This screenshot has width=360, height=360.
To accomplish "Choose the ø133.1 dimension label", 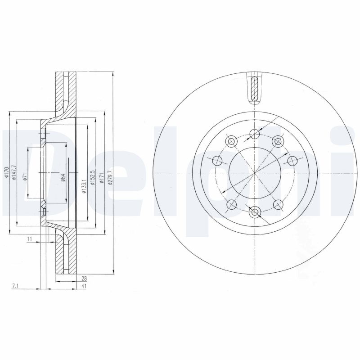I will (84, 185).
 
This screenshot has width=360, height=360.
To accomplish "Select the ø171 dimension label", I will (102, 177).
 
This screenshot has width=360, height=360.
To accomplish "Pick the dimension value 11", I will (29, 239).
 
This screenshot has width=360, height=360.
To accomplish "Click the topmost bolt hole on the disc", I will (255, 133).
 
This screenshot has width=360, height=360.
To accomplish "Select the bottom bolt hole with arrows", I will (255, 212).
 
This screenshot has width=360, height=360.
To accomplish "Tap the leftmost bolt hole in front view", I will (216, 160).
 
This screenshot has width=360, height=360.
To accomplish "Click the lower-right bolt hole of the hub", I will (278, 204).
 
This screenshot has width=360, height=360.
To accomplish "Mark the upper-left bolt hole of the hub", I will (232, 141).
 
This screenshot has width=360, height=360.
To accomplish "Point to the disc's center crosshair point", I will (255, 173).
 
